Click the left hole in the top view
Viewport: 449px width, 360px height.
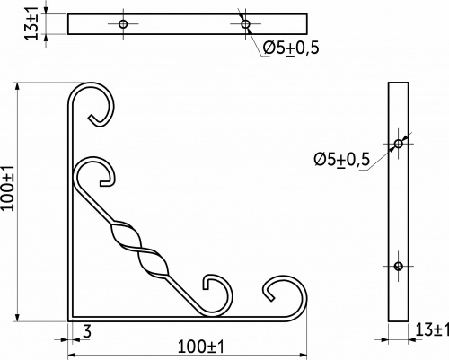123,23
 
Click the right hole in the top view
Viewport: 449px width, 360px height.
245,23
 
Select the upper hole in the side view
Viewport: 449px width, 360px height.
398,144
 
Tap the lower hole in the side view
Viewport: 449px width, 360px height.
398,266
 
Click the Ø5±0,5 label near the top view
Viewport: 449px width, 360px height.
291,48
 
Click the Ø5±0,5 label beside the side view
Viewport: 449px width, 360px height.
342,159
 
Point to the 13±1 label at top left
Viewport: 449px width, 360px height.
31,23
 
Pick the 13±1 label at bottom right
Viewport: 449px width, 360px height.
432,330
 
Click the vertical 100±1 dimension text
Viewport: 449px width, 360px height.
7,188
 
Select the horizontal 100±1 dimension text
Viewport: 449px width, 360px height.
201,347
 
